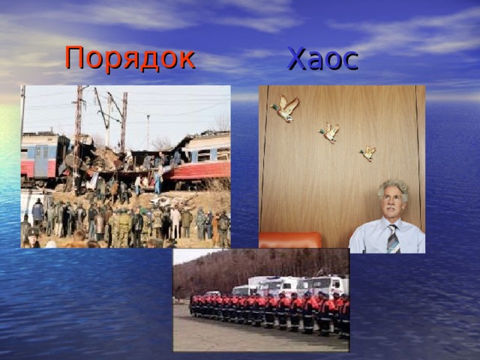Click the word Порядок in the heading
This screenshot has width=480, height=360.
130,57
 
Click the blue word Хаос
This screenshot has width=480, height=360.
322,58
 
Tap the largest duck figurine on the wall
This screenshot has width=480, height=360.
284,109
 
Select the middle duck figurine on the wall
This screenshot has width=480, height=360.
329,133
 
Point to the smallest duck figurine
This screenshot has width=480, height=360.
367,153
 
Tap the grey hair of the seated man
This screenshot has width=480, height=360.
394,187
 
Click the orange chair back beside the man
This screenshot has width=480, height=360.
289,240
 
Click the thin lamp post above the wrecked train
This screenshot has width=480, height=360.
148,131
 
